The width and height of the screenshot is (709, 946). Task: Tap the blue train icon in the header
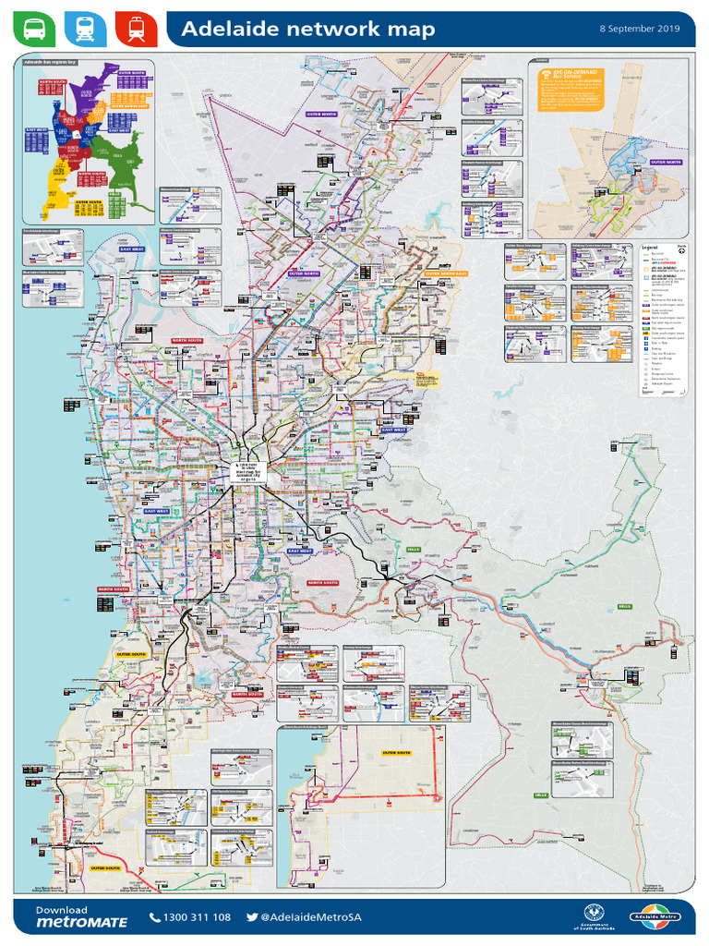click(85, 30)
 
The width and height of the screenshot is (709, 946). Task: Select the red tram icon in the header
click(136, 30)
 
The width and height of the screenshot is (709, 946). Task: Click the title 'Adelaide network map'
click(307, 30)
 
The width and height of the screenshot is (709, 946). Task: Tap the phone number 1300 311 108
click(196, 917)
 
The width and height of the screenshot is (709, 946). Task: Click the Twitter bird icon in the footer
click(252, 917)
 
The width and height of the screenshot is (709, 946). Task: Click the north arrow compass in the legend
click(680, 249)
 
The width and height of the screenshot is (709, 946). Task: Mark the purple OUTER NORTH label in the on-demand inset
click(666, 162)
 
